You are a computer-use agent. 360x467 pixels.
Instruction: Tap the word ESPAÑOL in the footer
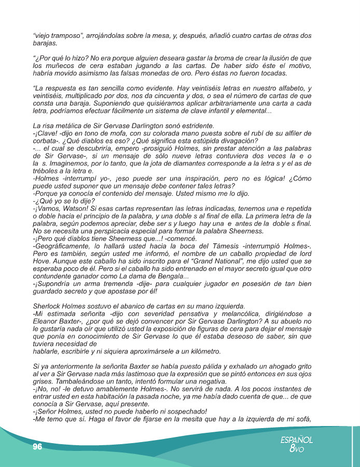coord(297,439)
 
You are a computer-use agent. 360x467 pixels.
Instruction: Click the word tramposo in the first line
coord(64,36)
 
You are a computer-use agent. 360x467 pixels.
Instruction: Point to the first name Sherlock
coord(50,306)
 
